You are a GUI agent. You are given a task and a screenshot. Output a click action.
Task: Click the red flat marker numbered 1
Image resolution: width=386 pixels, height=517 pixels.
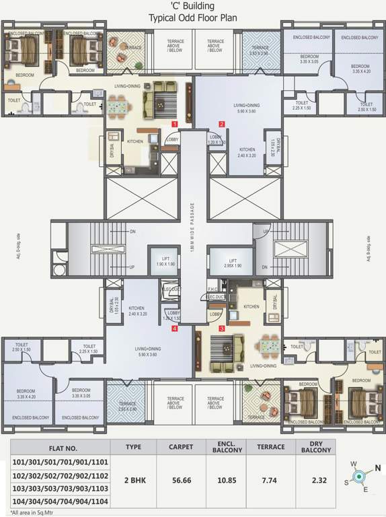pyautogui.click(x=174, y=125)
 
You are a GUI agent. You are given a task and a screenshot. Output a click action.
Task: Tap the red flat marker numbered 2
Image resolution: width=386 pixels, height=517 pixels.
pyautogui.click(x=221, y=123)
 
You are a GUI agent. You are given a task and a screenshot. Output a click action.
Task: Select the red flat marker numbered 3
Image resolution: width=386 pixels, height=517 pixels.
pyautogui.click(x=221, y=328)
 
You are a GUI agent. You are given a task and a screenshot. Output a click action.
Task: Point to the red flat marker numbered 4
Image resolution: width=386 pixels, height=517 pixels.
pyautogui.click(x=174, y=329)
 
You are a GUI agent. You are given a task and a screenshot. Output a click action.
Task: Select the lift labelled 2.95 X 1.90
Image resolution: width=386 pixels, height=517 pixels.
pyautogui.click(x=232, y=262)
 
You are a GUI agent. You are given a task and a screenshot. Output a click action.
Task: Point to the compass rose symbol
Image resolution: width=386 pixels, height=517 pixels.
pyautogui.click(x=359, y=477)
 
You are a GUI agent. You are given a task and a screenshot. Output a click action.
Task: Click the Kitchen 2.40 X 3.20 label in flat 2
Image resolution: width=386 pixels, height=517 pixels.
pyautogui.click(x=247, y=152)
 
